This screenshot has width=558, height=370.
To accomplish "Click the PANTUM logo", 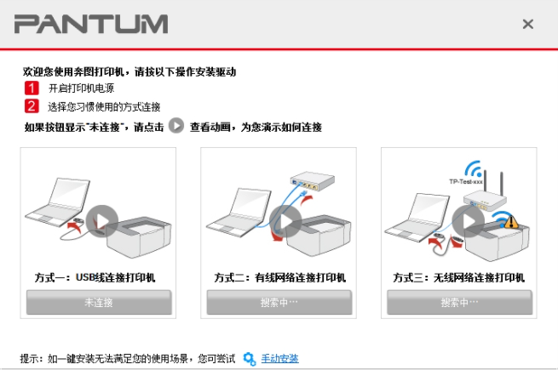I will (90, 23).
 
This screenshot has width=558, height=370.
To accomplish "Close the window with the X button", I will (528, 24).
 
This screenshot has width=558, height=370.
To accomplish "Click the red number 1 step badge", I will (32, 88).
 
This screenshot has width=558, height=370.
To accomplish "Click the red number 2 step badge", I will (32, 106).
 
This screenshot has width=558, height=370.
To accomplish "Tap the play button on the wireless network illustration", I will (467, 222).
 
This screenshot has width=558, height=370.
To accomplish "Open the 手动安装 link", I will (279, 358).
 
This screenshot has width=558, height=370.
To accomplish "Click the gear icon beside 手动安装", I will (250, 358).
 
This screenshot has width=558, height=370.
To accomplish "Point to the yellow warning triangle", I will (511, 221).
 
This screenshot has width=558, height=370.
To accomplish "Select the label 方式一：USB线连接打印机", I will (100, 277).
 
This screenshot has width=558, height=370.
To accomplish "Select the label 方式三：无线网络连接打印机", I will (459, 277).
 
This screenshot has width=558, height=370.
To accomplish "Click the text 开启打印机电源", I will (81, 88).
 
